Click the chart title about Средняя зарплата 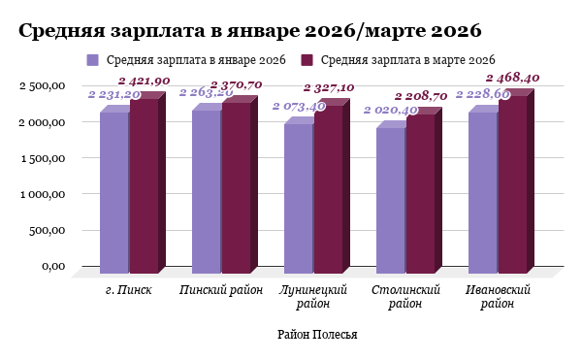(x=250, y=30)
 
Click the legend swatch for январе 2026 (x=93, y=60)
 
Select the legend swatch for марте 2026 (x=308, y=60)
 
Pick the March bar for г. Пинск (x=144, y=184)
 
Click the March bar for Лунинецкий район (x=328, y=188)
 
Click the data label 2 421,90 (x=145, y=81)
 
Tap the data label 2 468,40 (x=513, y=78)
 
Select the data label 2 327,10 (x=329, y=87)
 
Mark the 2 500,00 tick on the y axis (x=42, y=86)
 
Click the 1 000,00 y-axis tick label (x=42, y=194)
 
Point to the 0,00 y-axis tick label (x=52, y=266)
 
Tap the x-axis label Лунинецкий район (x=313, y=297)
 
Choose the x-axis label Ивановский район (x=499, y=297)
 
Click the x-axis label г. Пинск (x=128, y=290)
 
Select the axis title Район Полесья (x=317, y=335)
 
